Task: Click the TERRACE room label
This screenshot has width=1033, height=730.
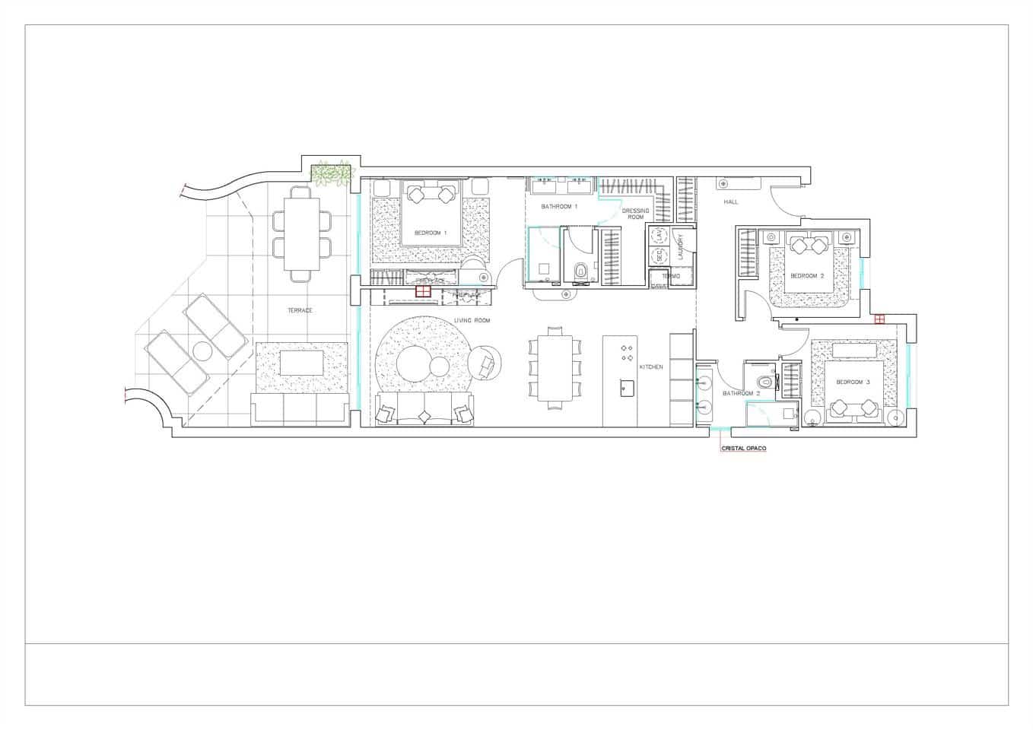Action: pyautogui.click(x=300, y=310)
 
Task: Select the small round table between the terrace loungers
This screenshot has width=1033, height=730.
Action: pyautogui.click(x=202, y=352)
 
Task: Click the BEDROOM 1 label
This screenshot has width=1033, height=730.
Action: pyautogui.click(x=430, y=233)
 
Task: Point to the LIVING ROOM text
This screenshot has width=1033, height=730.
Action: pyautogui.click(x=472, y=321)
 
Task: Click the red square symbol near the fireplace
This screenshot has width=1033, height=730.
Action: pyautogui.click(x=423, y=290)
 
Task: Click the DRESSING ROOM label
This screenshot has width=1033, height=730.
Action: pyautogui.click(x=635, y=214)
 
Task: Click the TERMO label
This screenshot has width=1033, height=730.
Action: pyautogui.click(x=671, y=277)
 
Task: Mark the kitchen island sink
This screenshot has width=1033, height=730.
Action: pyautogui.click(x=625, y=391)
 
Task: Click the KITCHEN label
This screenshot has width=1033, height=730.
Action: pyautogui.click(x=651, y=367)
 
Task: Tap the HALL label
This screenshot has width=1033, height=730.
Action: pyautogui.click(x=731, y=202)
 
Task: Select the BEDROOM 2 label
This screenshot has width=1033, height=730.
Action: pyautogui.click(x=807, y=275)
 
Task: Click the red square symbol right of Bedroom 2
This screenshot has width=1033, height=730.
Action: pyautogui.click(x=879, y=319)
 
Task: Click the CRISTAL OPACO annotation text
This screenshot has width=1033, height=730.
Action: pyautogui.click(x=743, y=449)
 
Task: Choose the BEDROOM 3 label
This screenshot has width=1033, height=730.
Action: pyautogui.click(x=853, y=382)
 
